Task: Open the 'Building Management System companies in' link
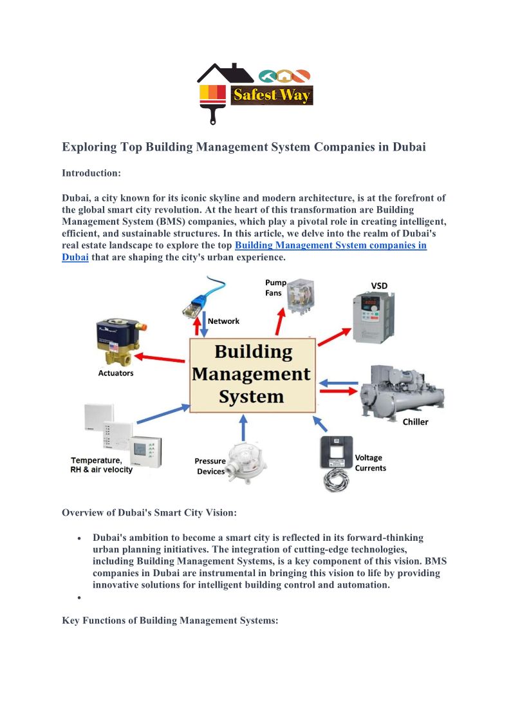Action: click(330, 245)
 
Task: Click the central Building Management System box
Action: click(252, 374)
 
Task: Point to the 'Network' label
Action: click(223, 321)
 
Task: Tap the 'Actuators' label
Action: click(116, 373)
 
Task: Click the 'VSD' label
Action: click(379, 285)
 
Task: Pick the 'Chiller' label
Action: click(415, 422)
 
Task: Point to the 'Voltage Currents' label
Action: click(370, 463)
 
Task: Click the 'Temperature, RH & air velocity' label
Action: click(102, 465)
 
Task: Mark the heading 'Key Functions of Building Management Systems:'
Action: click(169, 621)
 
